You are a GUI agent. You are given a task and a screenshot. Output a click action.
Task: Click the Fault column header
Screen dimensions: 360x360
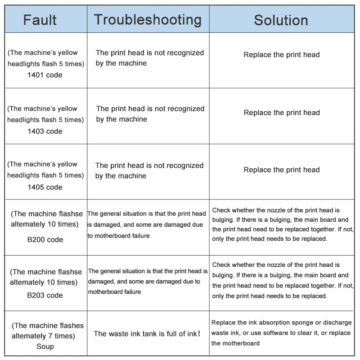pos(40,20)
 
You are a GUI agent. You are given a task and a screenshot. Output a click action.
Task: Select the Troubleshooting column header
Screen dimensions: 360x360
pos(148,20)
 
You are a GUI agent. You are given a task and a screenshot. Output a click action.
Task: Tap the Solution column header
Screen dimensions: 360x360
pos(281,20)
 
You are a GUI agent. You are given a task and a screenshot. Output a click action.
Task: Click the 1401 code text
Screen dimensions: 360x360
pos(45,75)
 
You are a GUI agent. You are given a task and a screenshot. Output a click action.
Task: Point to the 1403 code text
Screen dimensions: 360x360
pos(45,131)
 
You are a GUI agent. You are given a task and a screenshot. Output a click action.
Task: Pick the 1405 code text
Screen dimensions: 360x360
pos(45,187)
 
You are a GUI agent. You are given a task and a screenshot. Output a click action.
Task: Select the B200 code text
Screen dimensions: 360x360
pos(45,239)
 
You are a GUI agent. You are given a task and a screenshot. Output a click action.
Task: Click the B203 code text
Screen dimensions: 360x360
pos(45,295)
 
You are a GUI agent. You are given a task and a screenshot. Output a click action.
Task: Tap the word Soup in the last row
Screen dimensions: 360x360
pos(45,346)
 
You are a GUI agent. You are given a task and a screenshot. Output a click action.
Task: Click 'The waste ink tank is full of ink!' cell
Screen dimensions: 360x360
pos(147,334)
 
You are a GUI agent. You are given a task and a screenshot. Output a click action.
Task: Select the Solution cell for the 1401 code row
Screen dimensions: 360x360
pos(282,55)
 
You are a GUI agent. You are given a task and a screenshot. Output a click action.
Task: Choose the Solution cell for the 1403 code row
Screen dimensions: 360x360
pos(282,112)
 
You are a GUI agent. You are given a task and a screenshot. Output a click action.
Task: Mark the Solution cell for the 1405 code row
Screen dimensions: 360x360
pos(282,170)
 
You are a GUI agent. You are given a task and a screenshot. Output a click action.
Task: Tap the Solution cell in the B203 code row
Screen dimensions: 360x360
pos(283,280)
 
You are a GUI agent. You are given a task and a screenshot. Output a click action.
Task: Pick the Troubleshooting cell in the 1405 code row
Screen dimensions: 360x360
pos(149,171)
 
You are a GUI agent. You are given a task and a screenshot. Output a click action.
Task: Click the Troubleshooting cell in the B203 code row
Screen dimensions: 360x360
pos(148,281)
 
